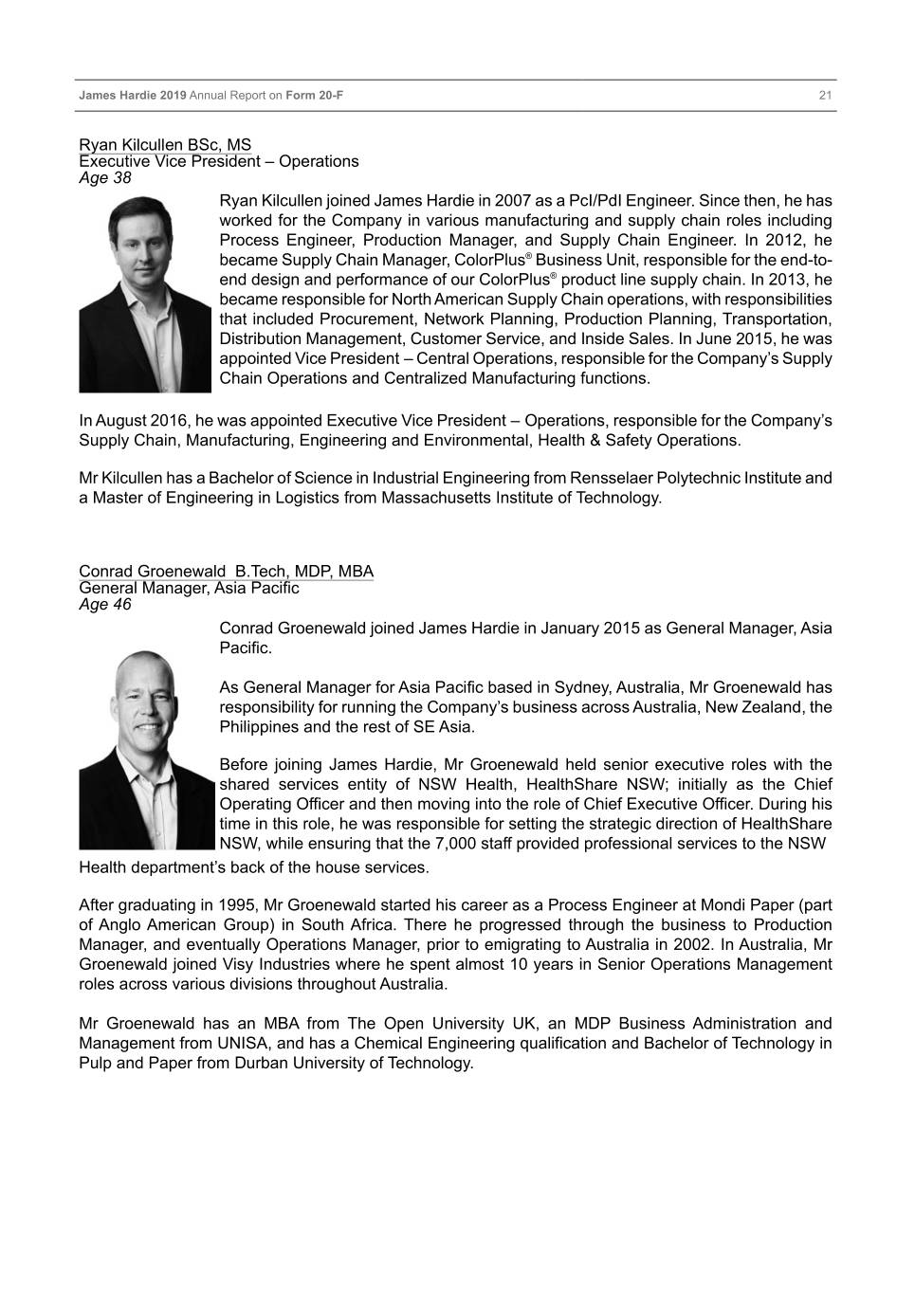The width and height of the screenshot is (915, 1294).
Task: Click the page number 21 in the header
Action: click(x=825, y=96)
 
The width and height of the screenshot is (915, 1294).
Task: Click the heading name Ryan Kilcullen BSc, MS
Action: click(x=165, y=145)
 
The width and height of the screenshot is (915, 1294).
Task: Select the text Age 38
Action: click(x=105, y=177)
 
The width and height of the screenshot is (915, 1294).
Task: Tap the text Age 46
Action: click(x=105, y=604)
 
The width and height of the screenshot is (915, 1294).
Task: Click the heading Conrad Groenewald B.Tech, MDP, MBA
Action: click(x=226, y=571)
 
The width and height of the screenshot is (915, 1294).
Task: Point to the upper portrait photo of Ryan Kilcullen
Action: click(x=145, y=294)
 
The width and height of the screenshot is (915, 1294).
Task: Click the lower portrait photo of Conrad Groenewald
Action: click(x=147, y=749)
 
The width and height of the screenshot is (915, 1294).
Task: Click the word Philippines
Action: click(x=261, y=727)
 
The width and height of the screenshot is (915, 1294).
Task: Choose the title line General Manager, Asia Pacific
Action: click(x=189, y=588)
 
